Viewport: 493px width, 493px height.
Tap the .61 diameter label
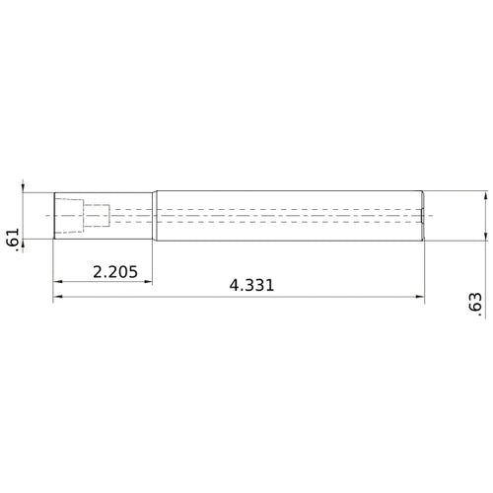13,239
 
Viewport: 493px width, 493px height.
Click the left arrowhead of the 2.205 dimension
57,281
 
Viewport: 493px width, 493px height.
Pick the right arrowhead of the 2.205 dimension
148,281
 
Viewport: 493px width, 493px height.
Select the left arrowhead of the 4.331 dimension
57,297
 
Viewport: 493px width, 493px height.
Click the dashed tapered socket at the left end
68,215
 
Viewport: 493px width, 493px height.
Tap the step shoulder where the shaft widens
153,215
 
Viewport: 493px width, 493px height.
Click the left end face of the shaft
53,215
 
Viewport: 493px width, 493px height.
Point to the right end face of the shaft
424,215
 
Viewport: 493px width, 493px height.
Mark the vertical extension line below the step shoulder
153,261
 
